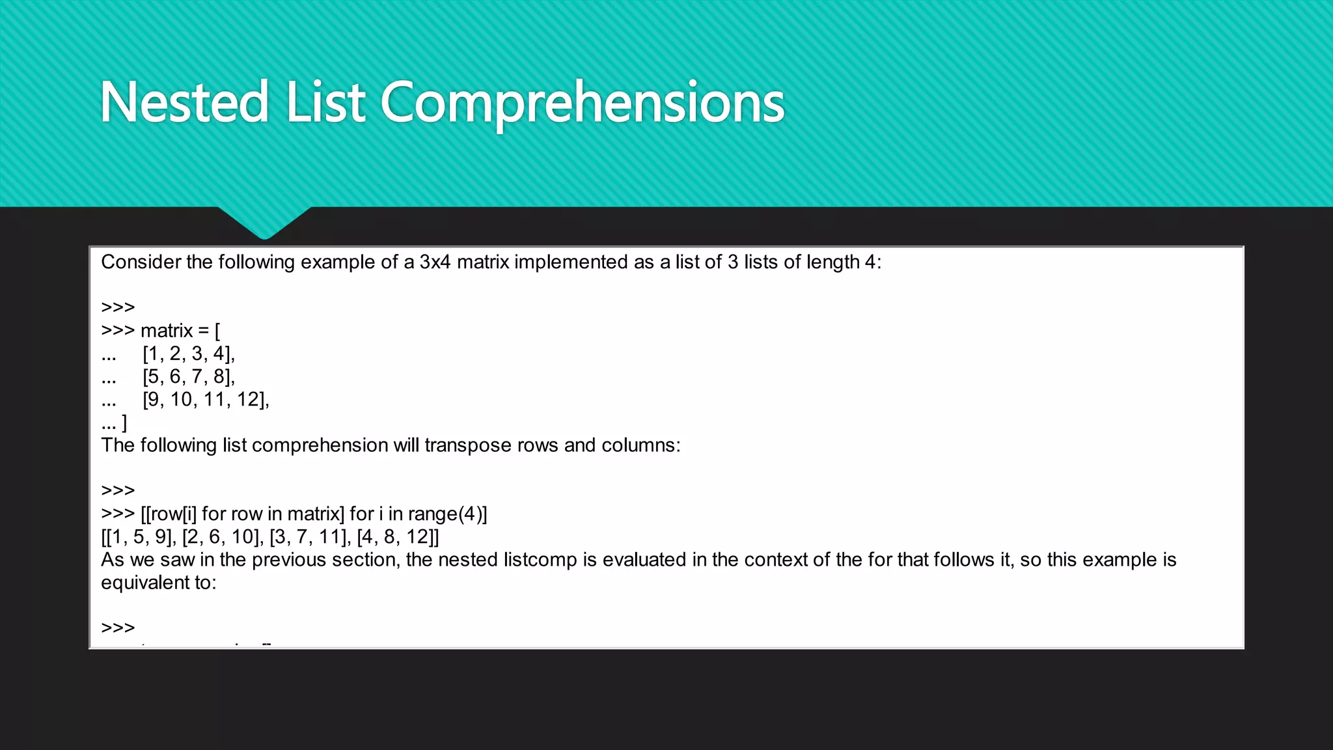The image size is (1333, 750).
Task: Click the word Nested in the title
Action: click(x=184, y=102)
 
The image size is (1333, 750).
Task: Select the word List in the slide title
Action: click(x=325, y=102)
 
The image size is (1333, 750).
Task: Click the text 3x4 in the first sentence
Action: click(x=435, y=262)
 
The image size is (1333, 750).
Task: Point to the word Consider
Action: click(x=141, y=262)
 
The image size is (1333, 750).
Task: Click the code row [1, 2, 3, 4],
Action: click(x=189, y=354)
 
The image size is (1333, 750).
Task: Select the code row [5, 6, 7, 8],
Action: click(x=189, y=376)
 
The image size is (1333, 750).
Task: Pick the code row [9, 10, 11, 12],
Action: click(x=206, y=399)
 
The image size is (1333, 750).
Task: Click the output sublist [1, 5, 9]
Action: click(x=142, y=537)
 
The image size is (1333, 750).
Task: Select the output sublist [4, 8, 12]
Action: click(x=396, y=537)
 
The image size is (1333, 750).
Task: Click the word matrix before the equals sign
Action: click(x=167, y=331)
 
